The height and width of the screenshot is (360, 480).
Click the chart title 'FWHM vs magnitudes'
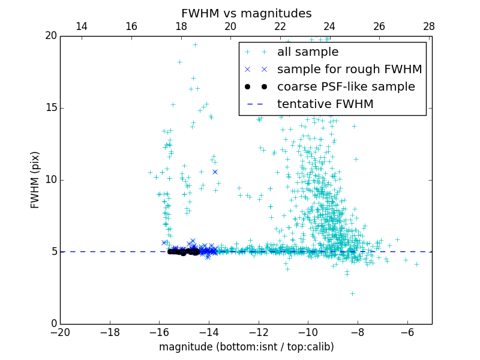pyautogui.click(x=246, y=13)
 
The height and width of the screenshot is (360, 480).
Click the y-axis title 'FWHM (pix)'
pyautogui.click(x=35, y=179)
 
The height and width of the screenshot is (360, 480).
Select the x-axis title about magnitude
pyautogui.click(x=246, y=347)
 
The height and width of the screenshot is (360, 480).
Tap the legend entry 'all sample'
pyautogui.click(x=308, y=52)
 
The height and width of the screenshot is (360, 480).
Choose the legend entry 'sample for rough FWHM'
pyautogui.click(x=349, y=70)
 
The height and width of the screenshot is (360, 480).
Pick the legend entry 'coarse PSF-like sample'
pyautogui.click(x=346, y=87)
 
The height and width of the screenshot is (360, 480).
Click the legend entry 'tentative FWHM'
pyautogui.click(x=325, y=104)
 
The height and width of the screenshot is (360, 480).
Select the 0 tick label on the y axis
pyautogui.click(x=53, y=324)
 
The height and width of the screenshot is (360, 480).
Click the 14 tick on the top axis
pyautogui.click(x=82, y=26)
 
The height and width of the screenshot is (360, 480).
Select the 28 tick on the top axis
pyautogui.click(x=428, y=26)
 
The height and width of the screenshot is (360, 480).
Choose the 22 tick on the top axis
pyautogui.click(x=280, y=26)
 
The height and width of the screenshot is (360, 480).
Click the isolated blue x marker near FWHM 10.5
pyautogui.click(x=215, y=172)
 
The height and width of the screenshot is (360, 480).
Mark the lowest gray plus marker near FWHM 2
pyautogui.click(x=352, y=293)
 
